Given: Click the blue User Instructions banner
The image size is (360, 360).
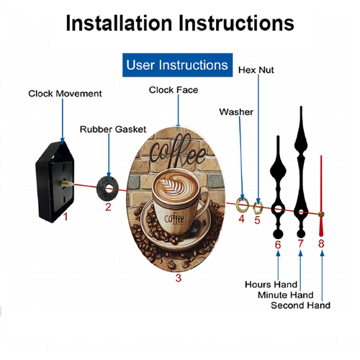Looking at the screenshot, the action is pyautogui.click(x=177, y=65).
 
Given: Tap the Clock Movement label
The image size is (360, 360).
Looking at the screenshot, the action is pyautogui.click(x=65, y=94).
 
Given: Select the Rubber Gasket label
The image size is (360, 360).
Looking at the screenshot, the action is pyautogui.click(x=113, y=130).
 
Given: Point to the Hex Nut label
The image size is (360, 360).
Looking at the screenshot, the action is pyautogui.click(x=256, y=70).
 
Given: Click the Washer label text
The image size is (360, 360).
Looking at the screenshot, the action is pyautogui.click(x=236, y=112).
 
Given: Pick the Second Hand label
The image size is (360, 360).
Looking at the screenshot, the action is pyautogui.click(x=300, y=305).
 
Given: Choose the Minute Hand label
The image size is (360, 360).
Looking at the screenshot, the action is pyautogui.click(x=286, y=294).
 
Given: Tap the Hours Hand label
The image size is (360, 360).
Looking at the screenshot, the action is pyautogui.click(x=271, y=284).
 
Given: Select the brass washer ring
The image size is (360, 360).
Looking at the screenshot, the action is pyautogui.click(x=237, y=204).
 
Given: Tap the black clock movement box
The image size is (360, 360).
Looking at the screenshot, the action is pyautogui.click(x=55, y=181).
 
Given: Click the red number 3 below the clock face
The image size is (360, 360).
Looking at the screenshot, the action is pyautogui.click(x=178, y=278).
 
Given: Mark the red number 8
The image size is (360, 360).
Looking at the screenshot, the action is pyautogui.click(x=321, y=243).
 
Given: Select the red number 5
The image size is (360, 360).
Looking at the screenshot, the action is pyautogui.click(x=257, y=220).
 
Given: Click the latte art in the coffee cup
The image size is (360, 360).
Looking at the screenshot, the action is pyautogui.click(x=175, y=185).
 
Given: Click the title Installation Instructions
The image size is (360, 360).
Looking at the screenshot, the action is pyautogui.click(x=180, y=23).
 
